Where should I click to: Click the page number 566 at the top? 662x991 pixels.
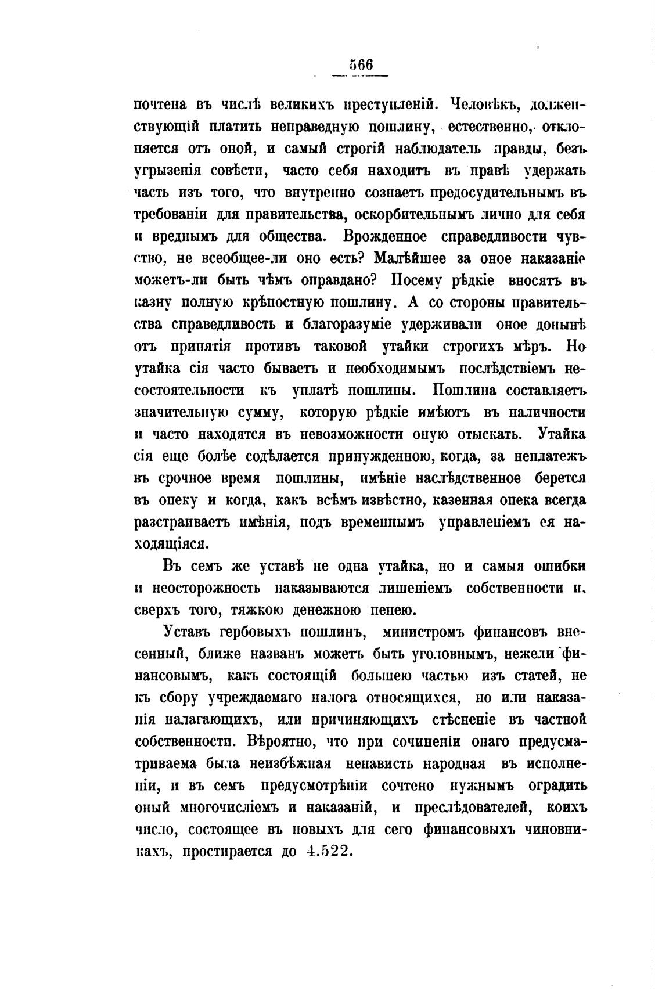[361, 64]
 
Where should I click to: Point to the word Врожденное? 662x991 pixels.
[386, 237]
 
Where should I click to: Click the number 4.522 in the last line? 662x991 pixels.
[329, 852]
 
